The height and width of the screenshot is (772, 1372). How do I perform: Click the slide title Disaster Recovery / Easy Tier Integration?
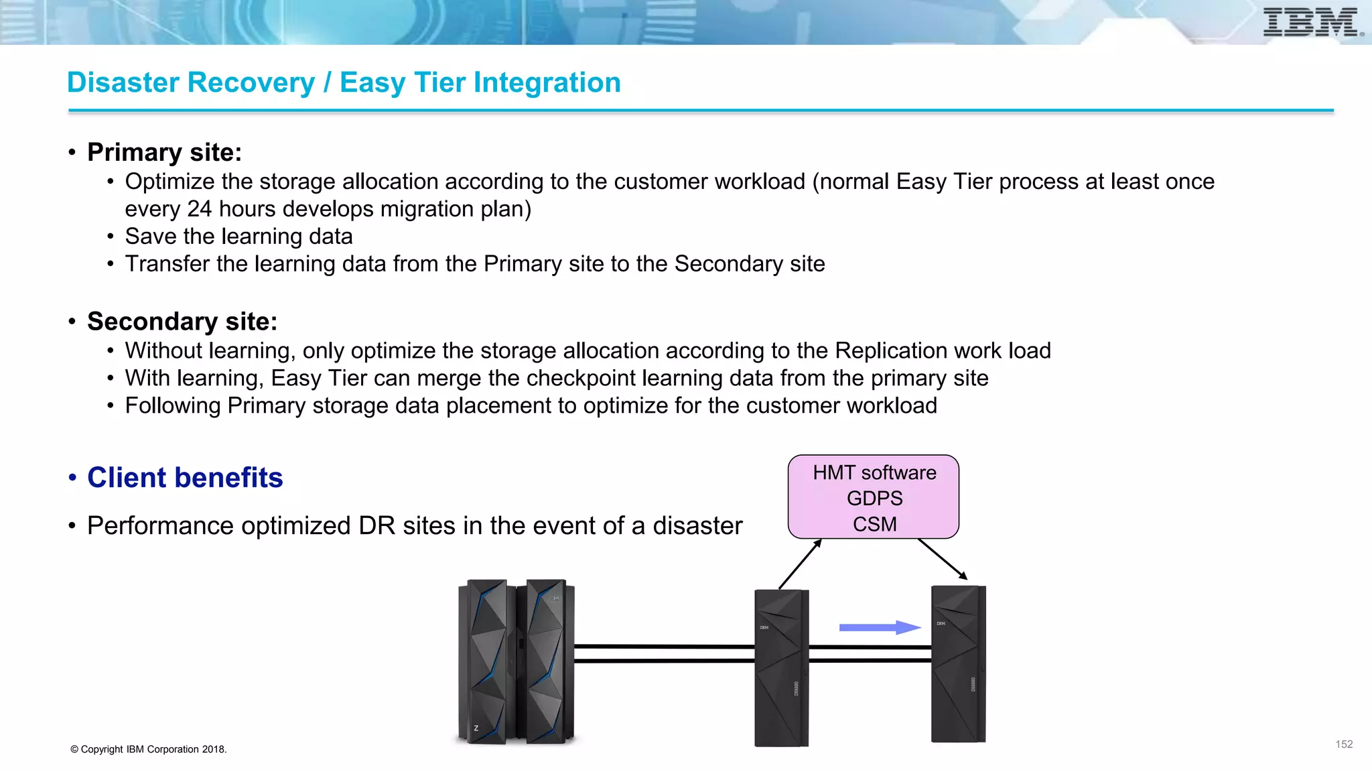(x=344, y=82)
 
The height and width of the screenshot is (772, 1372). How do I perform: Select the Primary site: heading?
(x=164, y=152)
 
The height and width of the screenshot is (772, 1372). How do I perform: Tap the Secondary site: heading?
(x=182, y=322)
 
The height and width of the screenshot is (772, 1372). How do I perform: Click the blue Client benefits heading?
(x=185, y=478)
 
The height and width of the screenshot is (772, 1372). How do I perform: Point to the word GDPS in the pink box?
(x=874, y=499)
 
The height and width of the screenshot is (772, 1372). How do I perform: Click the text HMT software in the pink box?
(x=874, y=472)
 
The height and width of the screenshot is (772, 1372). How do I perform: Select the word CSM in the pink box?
(x=874, y=524)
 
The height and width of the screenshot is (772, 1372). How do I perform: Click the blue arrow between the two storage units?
(x=880, y=627)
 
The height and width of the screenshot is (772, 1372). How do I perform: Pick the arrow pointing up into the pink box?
(x=800, y=564)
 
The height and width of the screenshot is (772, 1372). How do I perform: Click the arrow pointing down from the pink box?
(x=943, y=559)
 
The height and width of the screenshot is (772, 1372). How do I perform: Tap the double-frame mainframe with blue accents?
(x=516, y=662)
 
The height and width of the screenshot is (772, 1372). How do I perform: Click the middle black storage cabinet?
(x=781, y=667)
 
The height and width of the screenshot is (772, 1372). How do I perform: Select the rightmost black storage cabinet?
(x=958, y=663)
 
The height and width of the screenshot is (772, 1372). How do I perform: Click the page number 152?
(x=1344, y=745)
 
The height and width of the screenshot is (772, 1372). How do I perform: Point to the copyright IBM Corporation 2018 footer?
(x=149, y=749)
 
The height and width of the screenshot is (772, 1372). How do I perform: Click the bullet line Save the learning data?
(x=238, y=237)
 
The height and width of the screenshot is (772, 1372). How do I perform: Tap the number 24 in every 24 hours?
(x=200, y=209)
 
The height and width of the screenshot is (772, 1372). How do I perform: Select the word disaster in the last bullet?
(x=697, y=526)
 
